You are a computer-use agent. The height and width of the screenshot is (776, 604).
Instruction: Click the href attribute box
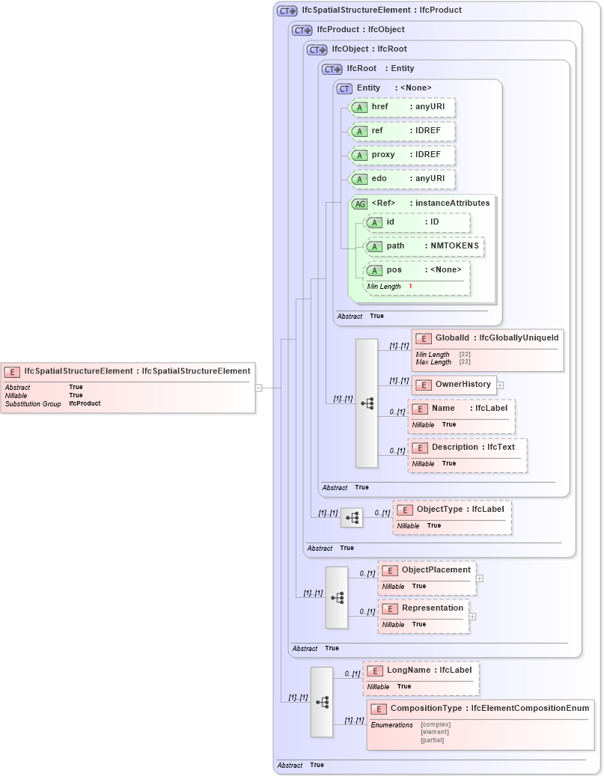[403, 107]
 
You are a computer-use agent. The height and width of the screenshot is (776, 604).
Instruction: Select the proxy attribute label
[383, 155]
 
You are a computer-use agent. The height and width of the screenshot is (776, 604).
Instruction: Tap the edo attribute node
[403, 179]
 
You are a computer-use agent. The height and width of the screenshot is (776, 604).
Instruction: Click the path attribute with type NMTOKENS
[424, 246]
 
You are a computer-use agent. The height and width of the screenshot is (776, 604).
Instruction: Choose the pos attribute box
[417, 270]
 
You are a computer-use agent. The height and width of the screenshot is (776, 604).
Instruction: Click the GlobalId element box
[486, 338]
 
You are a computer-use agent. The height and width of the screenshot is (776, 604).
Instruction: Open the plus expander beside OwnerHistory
[500, 385]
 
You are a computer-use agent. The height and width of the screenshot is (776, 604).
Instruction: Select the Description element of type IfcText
[468, 447]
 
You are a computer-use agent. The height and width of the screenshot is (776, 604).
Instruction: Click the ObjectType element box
[452, 510]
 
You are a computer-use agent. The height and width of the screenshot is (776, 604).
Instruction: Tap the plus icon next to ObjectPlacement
[480, 578]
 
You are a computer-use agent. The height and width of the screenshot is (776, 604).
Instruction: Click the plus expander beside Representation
[472, 617]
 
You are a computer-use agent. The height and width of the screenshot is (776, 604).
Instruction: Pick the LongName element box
[421, 670]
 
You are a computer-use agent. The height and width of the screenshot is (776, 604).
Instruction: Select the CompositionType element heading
[479, 709]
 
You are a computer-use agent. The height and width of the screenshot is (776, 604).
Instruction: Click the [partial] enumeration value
[432, 740]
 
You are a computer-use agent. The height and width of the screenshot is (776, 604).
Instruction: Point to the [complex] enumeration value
[435, 724]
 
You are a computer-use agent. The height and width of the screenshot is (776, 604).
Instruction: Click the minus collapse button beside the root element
[258, 388]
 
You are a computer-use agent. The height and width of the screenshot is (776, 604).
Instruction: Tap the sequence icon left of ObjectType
[352, 517]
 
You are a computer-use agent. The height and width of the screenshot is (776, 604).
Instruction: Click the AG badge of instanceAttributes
[359, 204]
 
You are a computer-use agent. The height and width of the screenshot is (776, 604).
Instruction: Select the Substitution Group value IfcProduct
[85, 403]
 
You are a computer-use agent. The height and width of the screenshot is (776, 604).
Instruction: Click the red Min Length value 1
[410, 287]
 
